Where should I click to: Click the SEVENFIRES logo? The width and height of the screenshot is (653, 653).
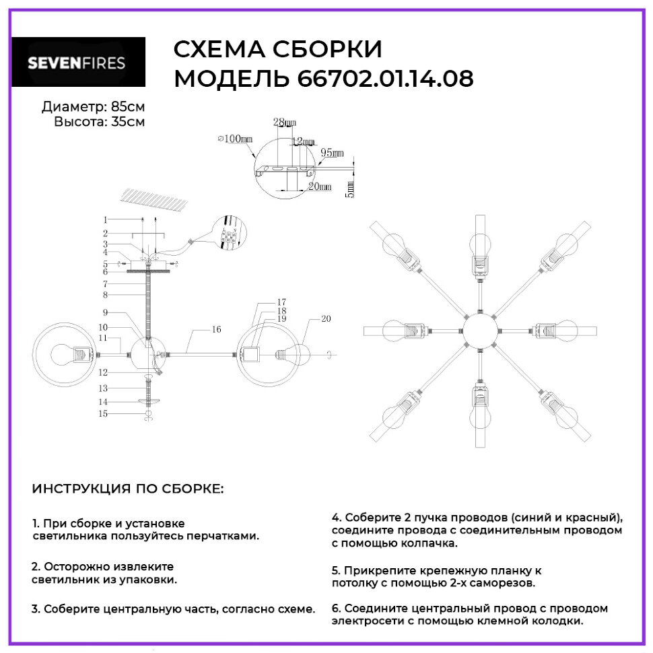click(76, 63)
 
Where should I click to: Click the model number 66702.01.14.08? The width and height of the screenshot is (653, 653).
click(385, 79)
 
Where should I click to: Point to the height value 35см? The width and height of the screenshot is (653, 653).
click(127, 122)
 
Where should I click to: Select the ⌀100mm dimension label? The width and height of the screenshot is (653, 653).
click(235, 139)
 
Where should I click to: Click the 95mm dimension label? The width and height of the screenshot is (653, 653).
click(332, 154)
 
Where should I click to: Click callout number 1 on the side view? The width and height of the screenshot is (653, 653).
click(105, 219)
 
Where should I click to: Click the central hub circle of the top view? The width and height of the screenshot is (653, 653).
click(478, 331)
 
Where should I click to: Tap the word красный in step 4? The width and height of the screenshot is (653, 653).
click(592, 518)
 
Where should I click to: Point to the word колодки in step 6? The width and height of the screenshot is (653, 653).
click(558, 621)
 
